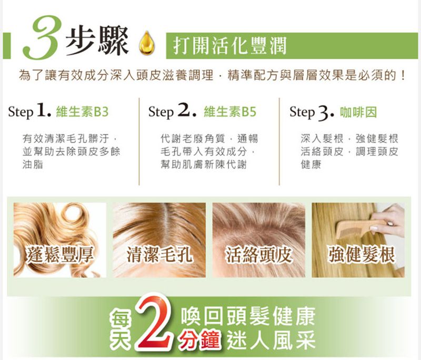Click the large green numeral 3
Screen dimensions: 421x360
(42, 37)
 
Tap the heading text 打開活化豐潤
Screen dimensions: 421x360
(230, 46)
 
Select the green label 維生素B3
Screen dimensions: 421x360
(82, 112)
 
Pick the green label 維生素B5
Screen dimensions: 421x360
(230, 112)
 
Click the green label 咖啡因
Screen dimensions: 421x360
(358, 112)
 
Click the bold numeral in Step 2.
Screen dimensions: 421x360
(187, 111)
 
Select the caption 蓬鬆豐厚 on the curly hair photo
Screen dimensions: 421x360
(60, 254)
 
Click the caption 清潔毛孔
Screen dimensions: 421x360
(159, 254)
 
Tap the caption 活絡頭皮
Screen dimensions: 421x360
(259, 254)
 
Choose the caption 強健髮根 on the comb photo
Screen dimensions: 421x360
(362, 254)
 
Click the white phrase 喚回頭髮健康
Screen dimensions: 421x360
(247, 316)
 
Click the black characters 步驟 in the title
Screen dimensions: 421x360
(97, 41)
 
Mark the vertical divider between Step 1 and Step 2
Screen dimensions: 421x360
(139, 141)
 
